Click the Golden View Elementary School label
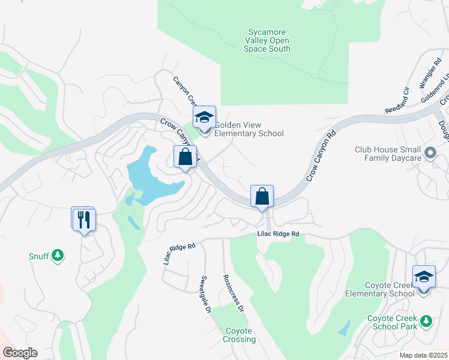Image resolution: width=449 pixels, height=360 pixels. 249,129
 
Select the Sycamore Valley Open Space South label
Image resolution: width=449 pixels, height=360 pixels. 267,40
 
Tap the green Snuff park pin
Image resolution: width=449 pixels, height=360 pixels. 58,256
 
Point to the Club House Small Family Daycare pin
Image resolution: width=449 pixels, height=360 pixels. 430,154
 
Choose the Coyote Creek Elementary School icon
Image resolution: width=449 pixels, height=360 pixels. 424,277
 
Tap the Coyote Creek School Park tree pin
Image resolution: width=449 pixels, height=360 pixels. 426,321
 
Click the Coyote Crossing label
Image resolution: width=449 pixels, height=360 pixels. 240,335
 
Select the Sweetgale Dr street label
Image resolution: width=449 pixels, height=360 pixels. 205,295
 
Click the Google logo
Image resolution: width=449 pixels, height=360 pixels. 19,353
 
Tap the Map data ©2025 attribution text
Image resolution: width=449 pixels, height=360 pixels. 423,355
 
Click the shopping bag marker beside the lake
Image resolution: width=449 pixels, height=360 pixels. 185,157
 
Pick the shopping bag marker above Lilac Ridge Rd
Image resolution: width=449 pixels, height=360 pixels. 262,196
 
